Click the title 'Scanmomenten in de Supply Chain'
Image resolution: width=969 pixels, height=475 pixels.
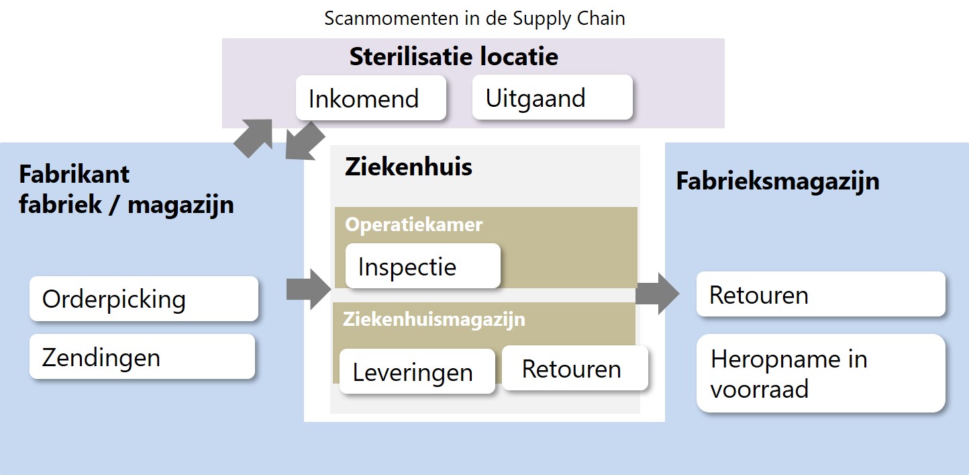pos(474,19)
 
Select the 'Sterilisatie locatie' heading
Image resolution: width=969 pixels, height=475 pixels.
pos(454,56)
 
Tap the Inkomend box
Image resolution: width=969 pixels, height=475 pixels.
pos(370,98)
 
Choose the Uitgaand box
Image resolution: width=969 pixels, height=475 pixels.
pos(552,97)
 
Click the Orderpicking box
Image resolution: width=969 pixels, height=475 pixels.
pos(144,299)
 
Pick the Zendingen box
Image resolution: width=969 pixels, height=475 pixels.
pos(142,357)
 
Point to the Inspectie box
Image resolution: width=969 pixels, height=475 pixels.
pos(423,266)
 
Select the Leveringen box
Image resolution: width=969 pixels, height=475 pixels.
pos(417,372)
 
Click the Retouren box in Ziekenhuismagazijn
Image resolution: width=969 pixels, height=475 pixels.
pos(575,368)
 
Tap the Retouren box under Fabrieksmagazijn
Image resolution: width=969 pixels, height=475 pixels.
pos(821,294)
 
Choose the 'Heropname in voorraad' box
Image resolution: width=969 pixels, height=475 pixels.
pos(821,374)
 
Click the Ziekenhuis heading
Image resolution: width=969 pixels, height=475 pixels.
pos(409,167)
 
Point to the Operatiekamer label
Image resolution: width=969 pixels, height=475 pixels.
pos(413,224)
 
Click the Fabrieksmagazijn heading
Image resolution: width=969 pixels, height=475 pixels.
pos(778,181)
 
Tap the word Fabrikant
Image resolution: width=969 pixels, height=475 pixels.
pos(74,175)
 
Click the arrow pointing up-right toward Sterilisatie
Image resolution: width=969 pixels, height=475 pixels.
pos(254,137)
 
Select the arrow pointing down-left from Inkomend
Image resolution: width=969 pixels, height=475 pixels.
pos(305,140)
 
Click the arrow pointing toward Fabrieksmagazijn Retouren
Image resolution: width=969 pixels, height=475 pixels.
pos(657,294)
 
